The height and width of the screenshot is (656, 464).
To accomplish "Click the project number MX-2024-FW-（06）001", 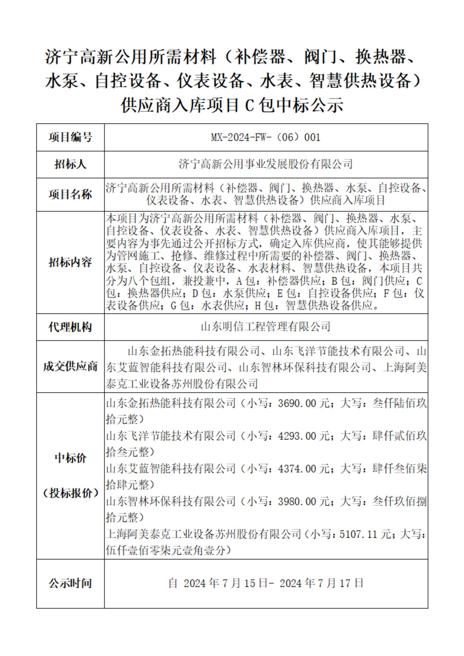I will click(266, 138).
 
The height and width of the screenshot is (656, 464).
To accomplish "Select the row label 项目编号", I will click(70, 138).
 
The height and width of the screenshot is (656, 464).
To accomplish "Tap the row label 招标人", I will click(70, 164).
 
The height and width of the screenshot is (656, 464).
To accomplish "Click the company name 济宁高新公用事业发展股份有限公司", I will click(266, 164).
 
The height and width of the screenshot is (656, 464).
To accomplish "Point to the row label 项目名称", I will click(70, 195).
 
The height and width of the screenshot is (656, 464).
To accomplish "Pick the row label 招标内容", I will click(70, 262).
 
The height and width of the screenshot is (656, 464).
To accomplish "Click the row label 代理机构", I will click(70, 327).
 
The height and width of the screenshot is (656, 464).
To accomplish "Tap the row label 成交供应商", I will click(70, 367).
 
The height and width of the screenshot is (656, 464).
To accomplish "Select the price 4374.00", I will click(297, 469).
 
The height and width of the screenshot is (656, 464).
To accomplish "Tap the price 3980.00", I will click(297, 501).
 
